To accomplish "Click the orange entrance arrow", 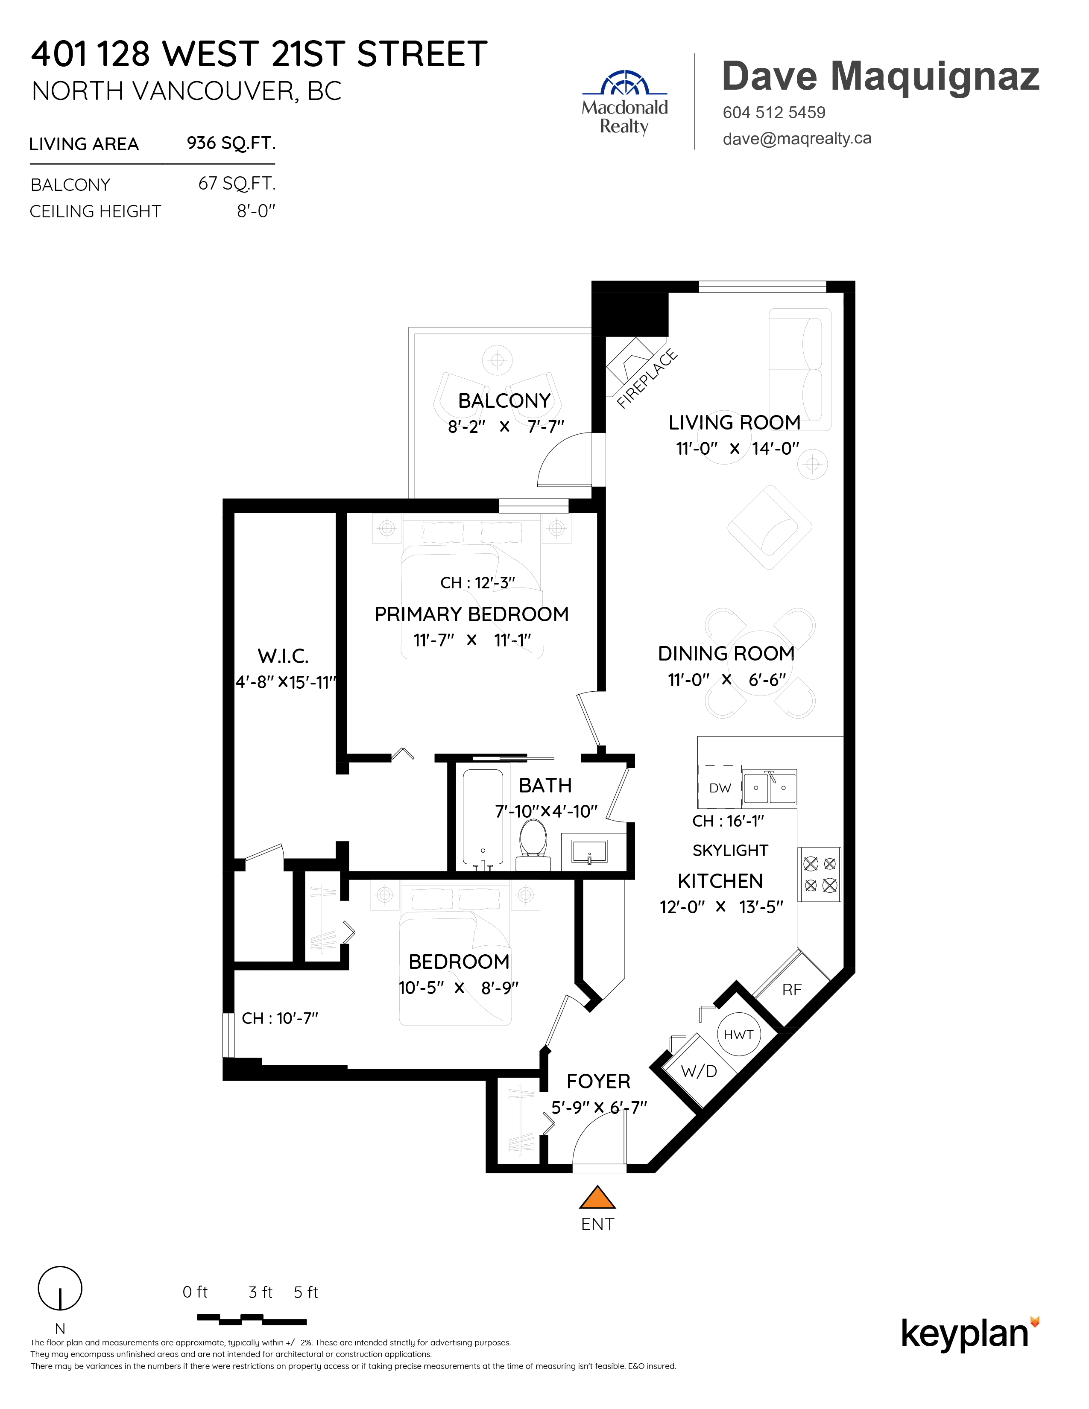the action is [x=597, y=1197].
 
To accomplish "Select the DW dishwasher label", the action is [x=720, y=788].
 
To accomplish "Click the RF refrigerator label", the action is [x=792, y=990].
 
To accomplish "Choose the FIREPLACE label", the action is [x=647, y=379].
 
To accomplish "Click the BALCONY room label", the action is [x=504, y=400].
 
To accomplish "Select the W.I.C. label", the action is [x=283, y=656].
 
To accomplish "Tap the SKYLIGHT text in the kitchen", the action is [x=730, y=850].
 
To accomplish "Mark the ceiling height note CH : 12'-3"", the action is [x=478, y=582].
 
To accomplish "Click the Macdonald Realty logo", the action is [x=624, y=102].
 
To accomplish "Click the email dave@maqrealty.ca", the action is [x=797, y=139].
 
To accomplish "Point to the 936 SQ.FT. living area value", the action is [x=231, y=143].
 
